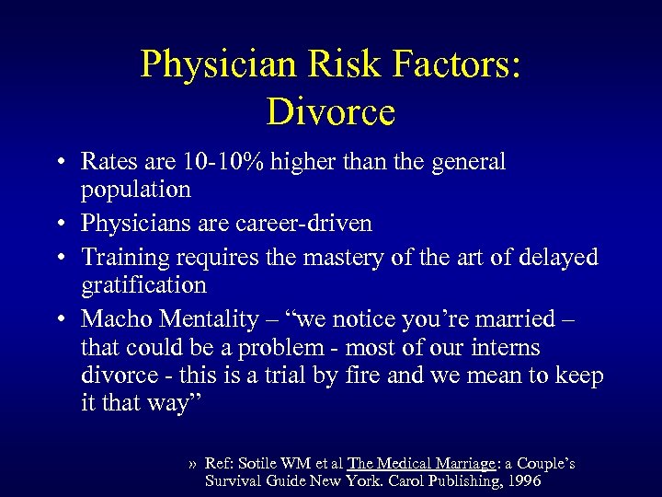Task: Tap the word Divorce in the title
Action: click(x=331, y=111)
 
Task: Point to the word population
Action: click(x=135, y=191)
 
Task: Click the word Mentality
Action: click(x=209, y=319)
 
